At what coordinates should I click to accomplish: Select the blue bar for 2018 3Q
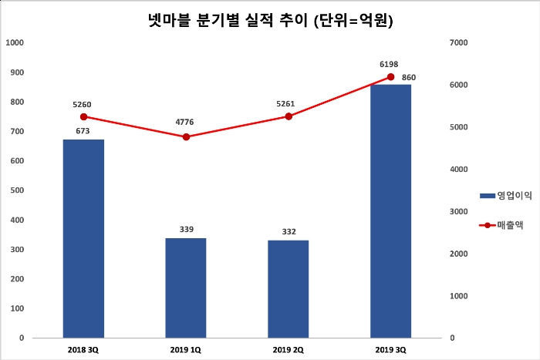pyautogui.click(x=83, y=238)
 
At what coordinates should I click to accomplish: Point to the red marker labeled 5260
pyautogui.click(x=83, y=116)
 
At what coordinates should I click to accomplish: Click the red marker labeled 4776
pyautogui.click(x=186, y=136)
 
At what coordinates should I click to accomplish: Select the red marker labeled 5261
pyautogui.click(x=289, y=116)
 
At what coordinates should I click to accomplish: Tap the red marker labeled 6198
pyautogui.click(x=390, y=77)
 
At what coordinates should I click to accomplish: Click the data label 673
pyautogui.click(x=83, y=131)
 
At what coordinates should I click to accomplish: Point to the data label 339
pyautogui.click(x=186, y=230)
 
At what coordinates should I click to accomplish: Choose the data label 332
pyautogui.click(x=289, y=232)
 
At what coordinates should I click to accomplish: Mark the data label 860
pyautogui.click(x=409, y=77)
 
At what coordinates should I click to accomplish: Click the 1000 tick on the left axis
pyautogui.click(x=14, y=43)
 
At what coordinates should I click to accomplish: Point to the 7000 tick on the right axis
pyautogui.click(x=457, y=43)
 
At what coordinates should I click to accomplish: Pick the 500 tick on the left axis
pyautogui.click(x=16, y=190)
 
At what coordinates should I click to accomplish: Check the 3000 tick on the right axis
pyautogui.click(x=457, y=211)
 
